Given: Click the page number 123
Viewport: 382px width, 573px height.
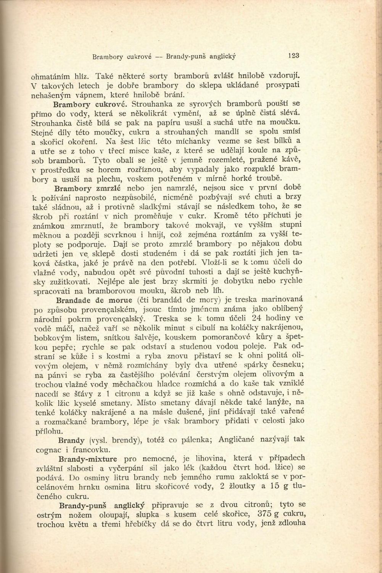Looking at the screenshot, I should [294, 56].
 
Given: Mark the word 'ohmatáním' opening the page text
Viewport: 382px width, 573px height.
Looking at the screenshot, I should [52, 75].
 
